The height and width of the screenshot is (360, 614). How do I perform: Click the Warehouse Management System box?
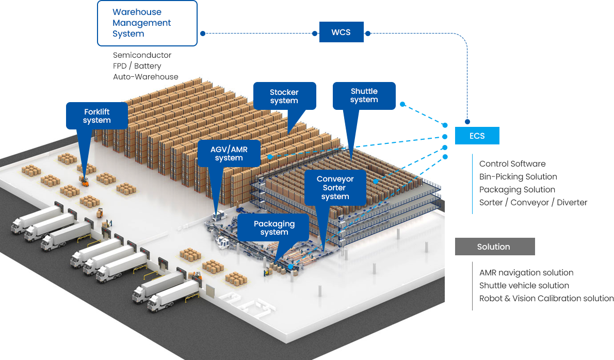tap(147, 23)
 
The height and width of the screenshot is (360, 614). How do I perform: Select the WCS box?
tap(341, 32)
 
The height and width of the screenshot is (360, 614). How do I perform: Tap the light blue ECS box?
tap(477, 136)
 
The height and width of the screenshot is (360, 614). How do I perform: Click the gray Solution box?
tap(494, 247)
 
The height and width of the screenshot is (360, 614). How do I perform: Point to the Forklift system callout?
tap(97, 116)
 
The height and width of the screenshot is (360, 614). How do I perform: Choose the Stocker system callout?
tap(284, 96)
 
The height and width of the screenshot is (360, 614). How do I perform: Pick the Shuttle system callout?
tap(364, 95)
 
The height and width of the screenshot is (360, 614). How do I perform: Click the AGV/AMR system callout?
tap(229, 153)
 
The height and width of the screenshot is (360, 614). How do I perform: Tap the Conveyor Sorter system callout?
tap(335, 187)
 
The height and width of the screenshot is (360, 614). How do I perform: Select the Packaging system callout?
tap(274, 227)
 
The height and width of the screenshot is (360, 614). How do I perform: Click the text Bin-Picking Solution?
tap(518, 176)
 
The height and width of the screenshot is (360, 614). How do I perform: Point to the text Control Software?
tap(512, 163)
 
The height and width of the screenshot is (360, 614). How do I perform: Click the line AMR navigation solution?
tap(526, 272)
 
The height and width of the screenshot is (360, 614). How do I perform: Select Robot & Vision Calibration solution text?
tap(546, 298)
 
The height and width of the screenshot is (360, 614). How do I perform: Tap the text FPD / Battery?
tap(137, 66)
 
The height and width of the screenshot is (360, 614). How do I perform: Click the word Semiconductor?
tap(142, 55)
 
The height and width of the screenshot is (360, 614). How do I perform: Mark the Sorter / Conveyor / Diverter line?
tap(533, 202)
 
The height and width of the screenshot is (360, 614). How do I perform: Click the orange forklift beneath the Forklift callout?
tap(84, 181)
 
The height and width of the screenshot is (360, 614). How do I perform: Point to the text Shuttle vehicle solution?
tap(524, 285)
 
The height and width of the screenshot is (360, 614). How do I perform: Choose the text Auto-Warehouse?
tap(146, 77)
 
